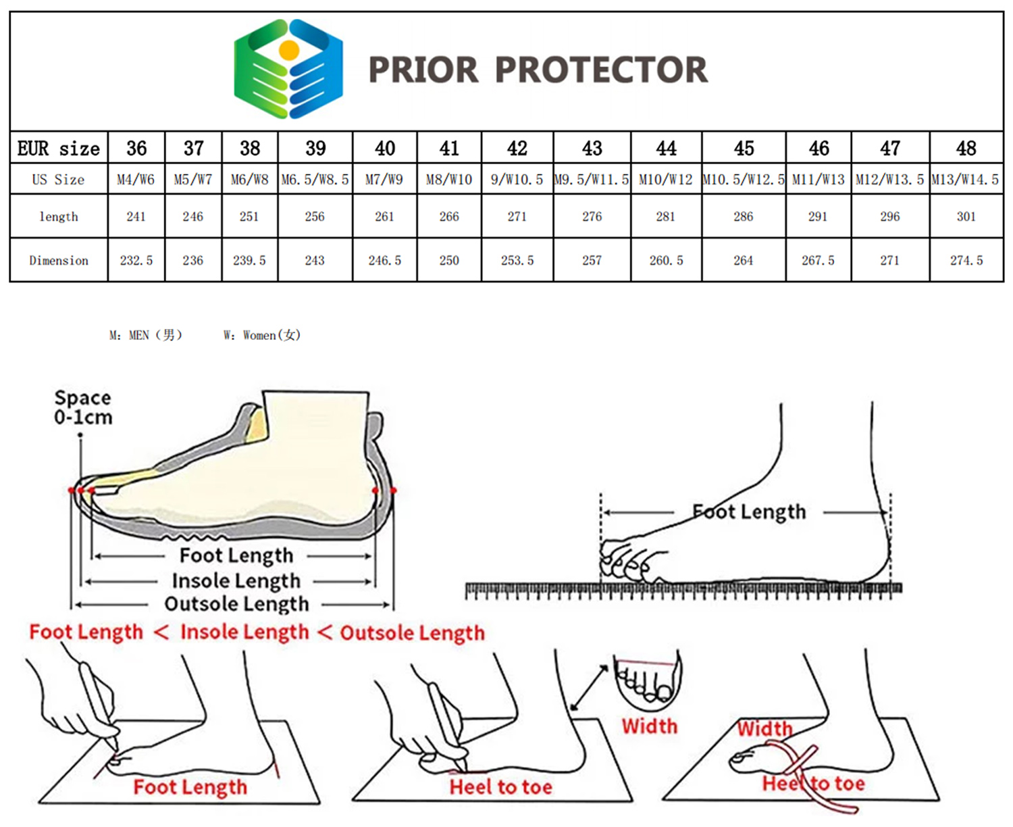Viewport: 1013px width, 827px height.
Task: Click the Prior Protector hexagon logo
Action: [x=288, y=69]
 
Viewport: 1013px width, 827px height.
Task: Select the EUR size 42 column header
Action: [x=517, y=148]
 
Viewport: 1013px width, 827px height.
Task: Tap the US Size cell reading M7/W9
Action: [x=384, y=180]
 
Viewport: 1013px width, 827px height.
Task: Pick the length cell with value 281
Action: [x=666, y=216]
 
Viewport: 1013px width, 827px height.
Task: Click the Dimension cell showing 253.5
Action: [x=517, y=260]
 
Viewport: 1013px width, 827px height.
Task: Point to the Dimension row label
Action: [x=59, y=260]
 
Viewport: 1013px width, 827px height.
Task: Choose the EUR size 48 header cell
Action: [x=966, y=148]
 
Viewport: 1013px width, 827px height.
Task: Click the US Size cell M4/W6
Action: [x=136, y=180]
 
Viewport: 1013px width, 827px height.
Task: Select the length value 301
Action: [x=966, y=216]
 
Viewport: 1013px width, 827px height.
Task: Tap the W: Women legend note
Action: [x=262, y=335]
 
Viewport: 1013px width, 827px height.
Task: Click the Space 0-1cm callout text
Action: [x=83, y=407]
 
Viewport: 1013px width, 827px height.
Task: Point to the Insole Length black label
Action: [x=236, y=580]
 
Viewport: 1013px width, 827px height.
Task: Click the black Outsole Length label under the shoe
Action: [x=236, y=603]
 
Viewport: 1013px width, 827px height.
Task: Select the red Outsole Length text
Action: [x=412, y=633]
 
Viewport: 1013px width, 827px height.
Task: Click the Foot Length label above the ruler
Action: [x=749, y=511]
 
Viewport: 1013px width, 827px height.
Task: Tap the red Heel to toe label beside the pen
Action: [x=500, y=786]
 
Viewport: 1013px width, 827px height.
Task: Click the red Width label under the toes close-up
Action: [x=649, y=726]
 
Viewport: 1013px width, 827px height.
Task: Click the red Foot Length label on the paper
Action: [x=190, y=787]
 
